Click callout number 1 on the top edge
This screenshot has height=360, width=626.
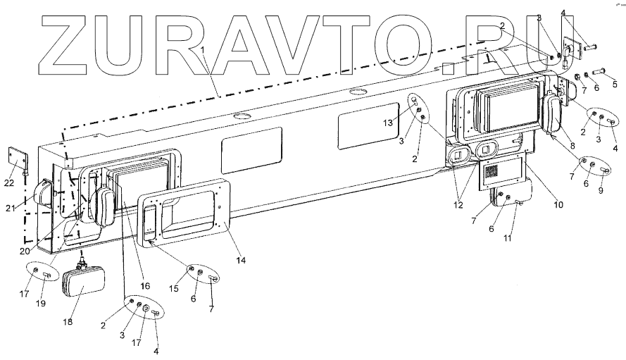coord(203,51)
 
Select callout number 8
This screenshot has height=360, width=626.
coord(572,147)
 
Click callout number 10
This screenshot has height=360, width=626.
coord(558,206)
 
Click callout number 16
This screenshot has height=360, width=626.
coord(145,286)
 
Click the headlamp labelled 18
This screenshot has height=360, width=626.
coord(83,287)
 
